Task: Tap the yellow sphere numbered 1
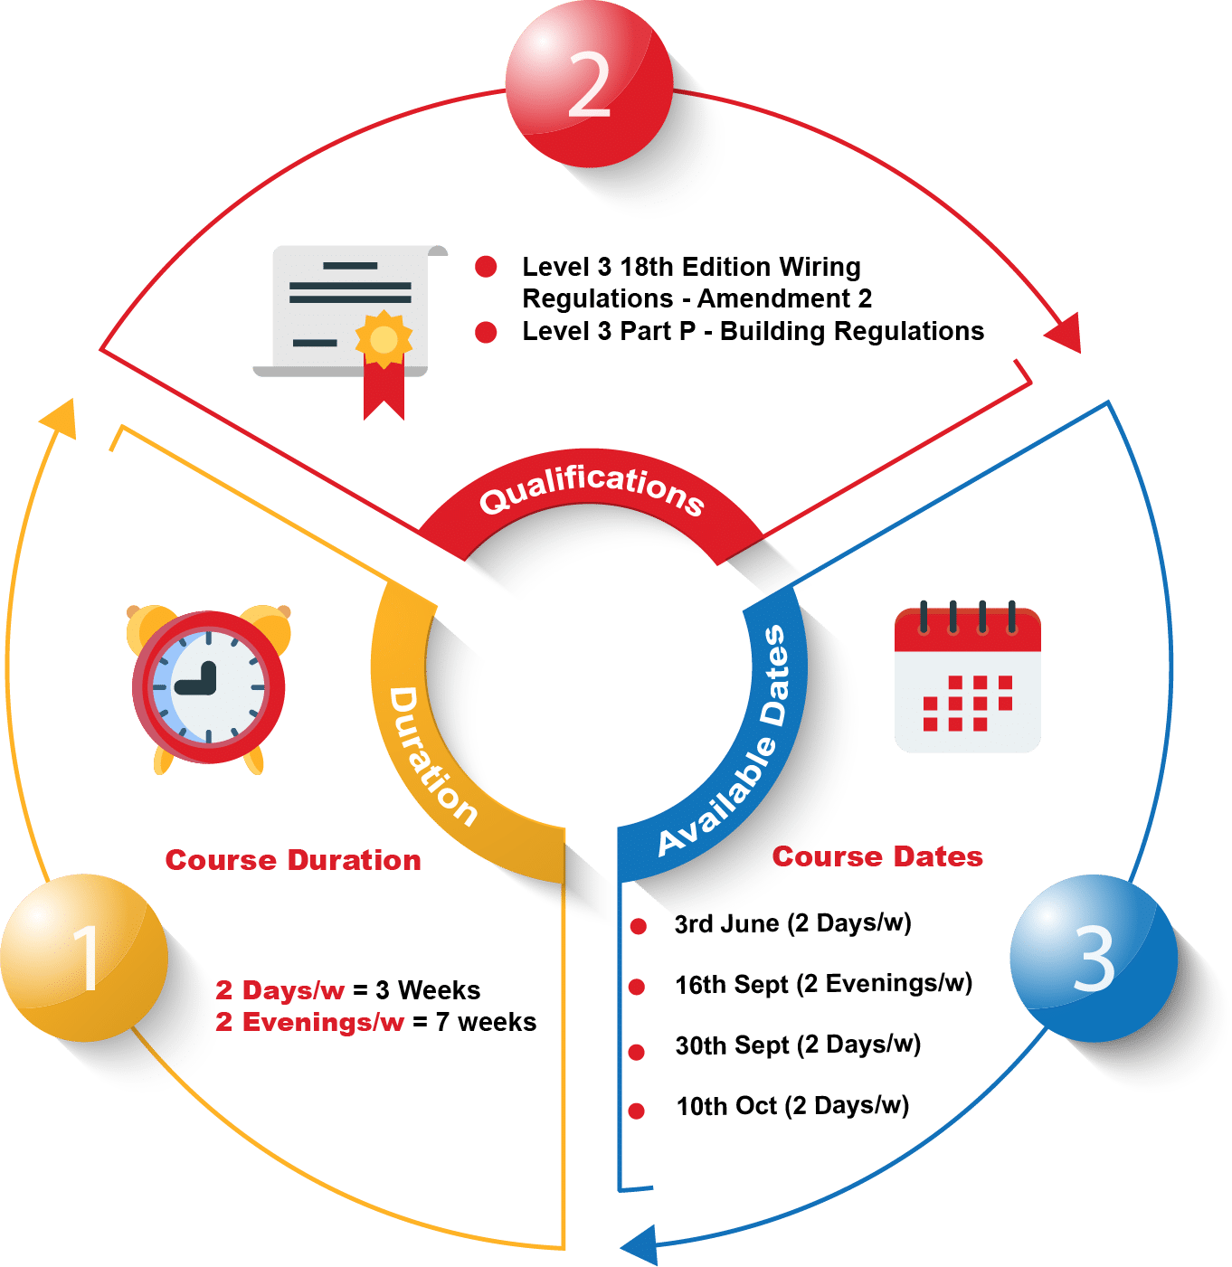pyautogui.click(x=84, y=958)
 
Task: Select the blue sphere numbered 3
pyautogui.click(x=1094, y=959)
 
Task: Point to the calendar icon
pyautogui.click(x=967, y=677)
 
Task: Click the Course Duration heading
pyautogui.click(x=293, y=860)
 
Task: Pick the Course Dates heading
pyautogui.click(x=877, y=856)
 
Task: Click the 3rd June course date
pyautogui.click(x=792, y=923)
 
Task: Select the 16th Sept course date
pyautogui.click(x=823, y=984)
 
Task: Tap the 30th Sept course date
pyautogui.click(x=798, y=1045)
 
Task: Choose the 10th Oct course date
pyautogui.click(x=792, y=1106)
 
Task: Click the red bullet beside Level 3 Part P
pyautogui.click(x=486, y=332)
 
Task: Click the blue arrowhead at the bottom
pyautogui.click(x=640, y=1243)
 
